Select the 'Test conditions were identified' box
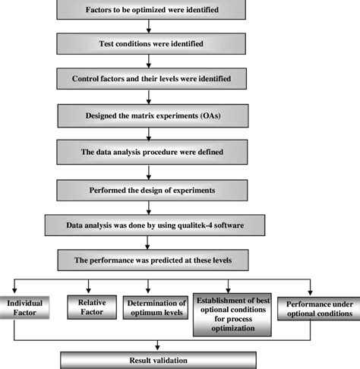(149, 44)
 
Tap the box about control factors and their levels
(149, 79)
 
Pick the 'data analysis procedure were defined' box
(149, 151)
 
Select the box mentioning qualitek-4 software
(149, 225)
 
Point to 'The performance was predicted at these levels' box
(149, 260)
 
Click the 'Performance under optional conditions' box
(318, 310)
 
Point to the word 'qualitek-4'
(176, 225)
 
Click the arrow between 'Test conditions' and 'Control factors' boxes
(149, 61)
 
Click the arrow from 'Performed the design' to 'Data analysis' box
(149, 206)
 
